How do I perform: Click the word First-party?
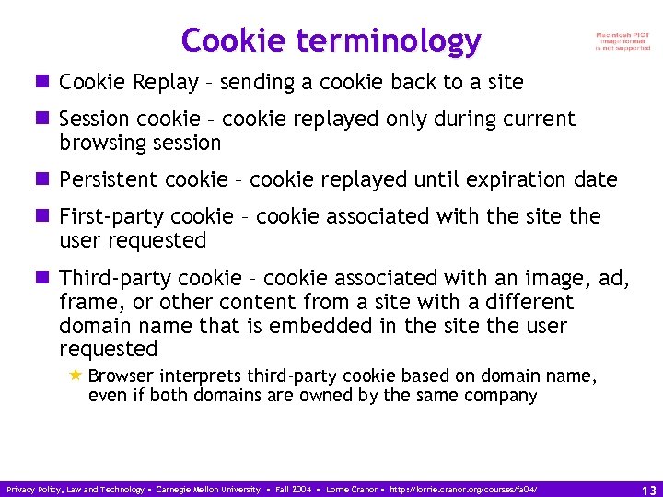tap(112, 216)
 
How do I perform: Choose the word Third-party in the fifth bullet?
tap(115, 278)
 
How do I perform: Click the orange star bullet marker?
tap(76, 376)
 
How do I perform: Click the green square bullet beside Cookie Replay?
tap(43, 83)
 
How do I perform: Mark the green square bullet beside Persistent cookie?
tap(43, 179)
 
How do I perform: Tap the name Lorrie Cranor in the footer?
tap(325, 490)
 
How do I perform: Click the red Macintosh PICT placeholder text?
tap(622, 41)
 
